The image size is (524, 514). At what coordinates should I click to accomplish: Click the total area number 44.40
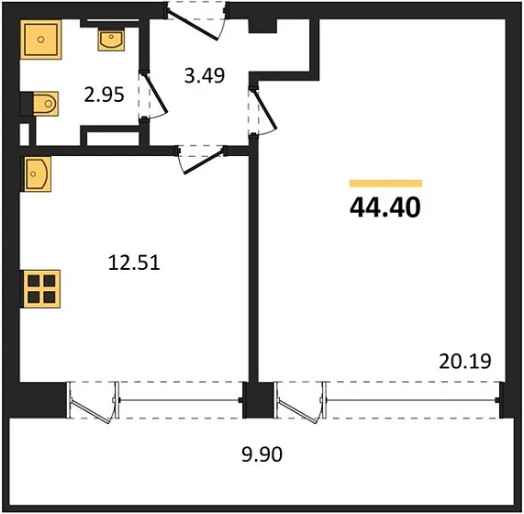[x=385, y=207]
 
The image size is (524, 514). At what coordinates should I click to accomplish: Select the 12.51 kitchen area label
[x=134, y=263]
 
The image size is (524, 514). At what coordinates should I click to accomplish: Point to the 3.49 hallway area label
[x=205, y=76]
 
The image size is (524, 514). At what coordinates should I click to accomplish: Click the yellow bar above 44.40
[x=385, y=184]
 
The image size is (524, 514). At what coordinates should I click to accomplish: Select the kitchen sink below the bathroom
[x=38, y=173]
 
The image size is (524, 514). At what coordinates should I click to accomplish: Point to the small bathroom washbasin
[x=110, y=40]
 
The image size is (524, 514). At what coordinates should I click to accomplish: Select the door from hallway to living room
[x=264, y=108]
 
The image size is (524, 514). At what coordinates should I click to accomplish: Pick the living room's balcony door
[x=298, y=401]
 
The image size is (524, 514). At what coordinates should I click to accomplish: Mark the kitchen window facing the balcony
[x=178, y=399]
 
